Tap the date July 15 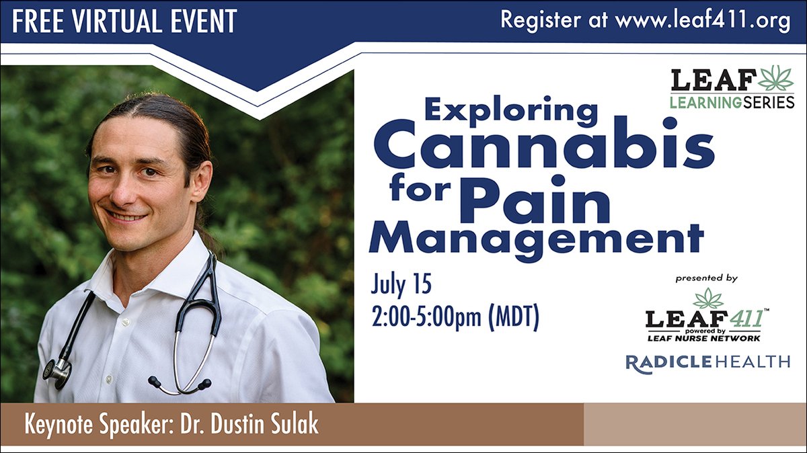point(401,285)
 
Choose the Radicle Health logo point(707,362)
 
